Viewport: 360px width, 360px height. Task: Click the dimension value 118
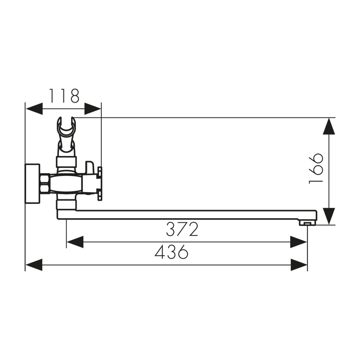(64, 96)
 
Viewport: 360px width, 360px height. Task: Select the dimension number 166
(316, 168)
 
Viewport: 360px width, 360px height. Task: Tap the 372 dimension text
(182, 229)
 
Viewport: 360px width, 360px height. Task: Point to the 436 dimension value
(171, 252)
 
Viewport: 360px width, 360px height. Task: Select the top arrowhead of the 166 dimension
(330, 126)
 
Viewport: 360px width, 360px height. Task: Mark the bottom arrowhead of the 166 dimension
(330, 216)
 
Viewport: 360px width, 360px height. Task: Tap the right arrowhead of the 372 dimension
(299, 242)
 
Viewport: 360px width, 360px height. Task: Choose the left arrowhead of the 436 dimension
(34, 265)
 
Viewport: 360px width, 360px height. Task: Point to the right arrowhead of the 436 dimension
(299, 265)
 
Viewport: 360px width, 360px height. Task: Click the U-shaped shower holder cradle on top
(66, 128)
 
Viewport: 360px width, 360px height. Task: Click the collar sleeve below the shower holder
(66, 161)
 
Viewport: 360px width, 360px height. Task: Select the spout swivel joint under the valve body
(66, 205)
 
